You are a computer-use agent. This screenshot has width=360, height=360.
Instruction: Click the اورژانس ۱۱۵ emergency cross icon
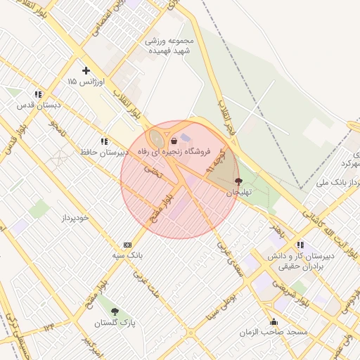(x=86, y=70)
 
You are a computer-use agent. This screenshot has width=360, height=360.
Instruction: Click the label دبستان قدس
(x=39, y=105)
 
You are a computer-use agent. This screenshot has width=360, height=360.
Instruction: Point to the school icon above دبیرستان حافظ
(x=104, y=141)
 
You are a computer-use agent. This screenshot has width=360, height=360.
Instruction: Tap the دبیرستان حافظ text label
(x=104, y=152)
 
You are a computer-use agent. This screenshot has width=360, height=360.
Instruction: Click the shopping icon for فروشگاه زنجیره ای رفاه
(x=173, y=141)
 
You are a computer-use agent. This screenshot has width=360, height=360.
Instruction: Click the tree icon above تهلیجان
(x=237, y=181)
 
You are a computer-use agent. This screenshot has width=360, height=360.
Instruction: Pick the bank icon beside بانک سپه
(x=127, y=244)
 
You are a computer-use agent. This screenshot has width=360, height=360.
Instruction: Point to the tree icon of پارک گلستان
(x=115, y=311)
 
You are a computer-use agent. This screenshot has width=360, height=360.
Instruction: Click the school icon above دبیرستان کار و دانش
(x=301, y=245)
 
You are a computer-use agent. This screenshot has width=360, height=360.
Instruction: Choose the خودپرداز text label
(x=74, y=218)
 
